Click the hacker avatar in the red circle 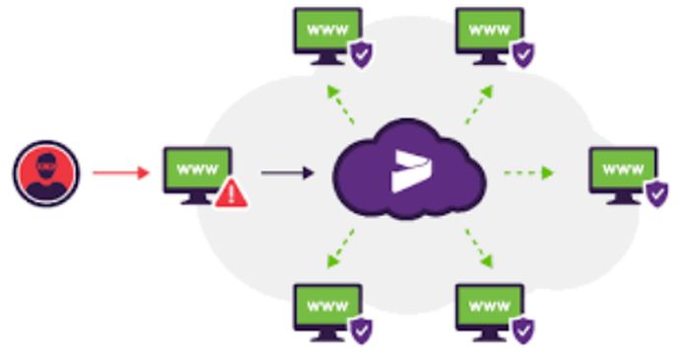pos(45,173)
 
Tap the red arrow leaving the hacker pos(121,173)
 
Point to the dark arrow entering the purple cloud pos(287,173)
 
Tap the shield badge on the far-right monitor pos(656,193)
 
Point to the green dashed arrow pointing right pos(528,173)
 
